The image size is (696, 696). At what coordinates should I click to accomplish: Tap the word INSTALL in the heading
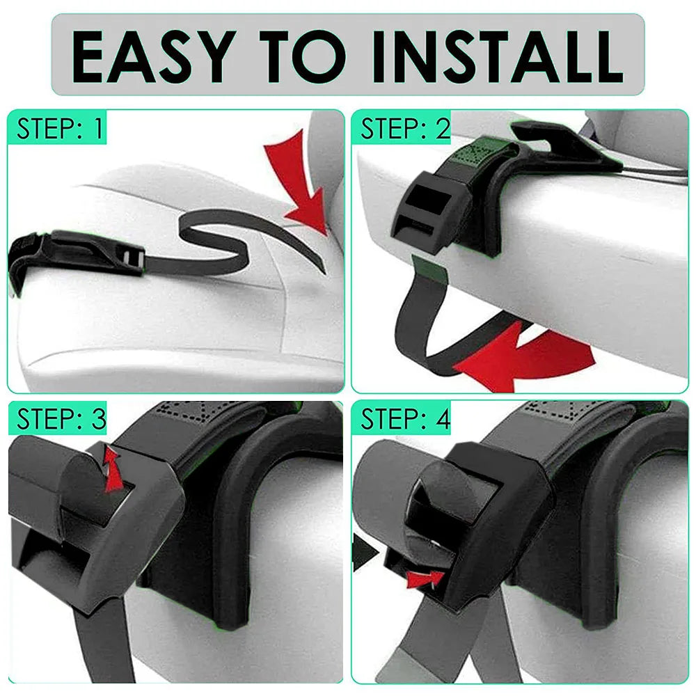[x=496, y=56]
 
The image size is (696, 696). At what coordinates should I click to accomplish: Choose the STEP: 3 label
[x=61, y=419]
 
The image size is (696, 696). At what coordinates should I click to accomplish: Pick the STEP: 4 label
[x=405, y=419]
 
